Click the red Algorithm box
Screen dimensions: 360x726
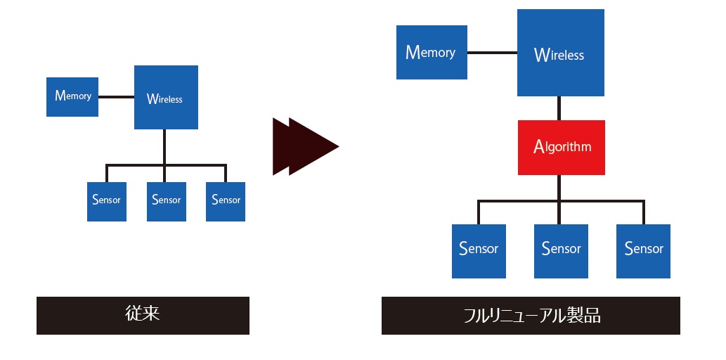[x=561, y=148]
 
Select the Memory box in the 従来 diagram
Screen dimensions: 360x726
[x=72, y=96]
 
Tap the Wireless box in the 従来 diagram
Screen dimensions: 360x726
[x=166, y=98]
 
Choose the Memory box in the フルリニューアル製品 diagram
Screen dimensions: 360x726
[x=432, y=52]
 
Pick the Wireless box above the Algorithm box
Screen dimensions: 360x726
[x=560, y=53]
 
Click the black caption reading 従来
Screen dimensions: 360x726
[x=143, y=315]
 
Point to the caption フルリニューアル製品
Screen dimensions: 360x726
[x=531, y=315]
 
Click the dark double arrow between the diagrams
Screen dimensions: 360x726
[x=305, y=146]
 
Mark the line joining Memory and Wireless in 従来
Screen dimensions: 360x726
[x=116, y=96]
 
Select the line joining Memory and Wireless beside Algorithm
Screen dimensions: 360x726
[x=492, y=53]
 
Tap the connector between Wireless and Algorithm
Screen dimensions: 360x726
[x=559, y=108]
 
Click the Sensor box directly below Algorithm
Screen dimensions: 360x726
[x=561, y=251]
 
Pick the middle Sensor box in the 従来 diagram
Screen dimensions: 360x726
[x=167, y=201]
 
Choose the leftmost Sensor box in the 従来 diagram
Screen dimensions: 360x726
[x=107, y=201]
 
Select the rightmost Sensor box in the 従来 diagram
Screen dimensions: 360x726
[x=226, y=201]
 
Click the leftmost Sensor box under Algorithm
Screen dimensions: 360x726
[x=479, y=251]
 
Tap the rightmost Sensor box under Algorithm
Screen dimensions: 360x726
[x=643, y=251]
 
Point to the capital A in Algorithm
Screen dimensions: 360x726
[x=538, y=146]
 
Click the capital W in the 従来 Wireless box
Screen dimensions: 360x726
[x=152, y=98]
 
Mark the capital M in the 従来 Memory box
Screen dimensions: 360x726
[x=60, y=96]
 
